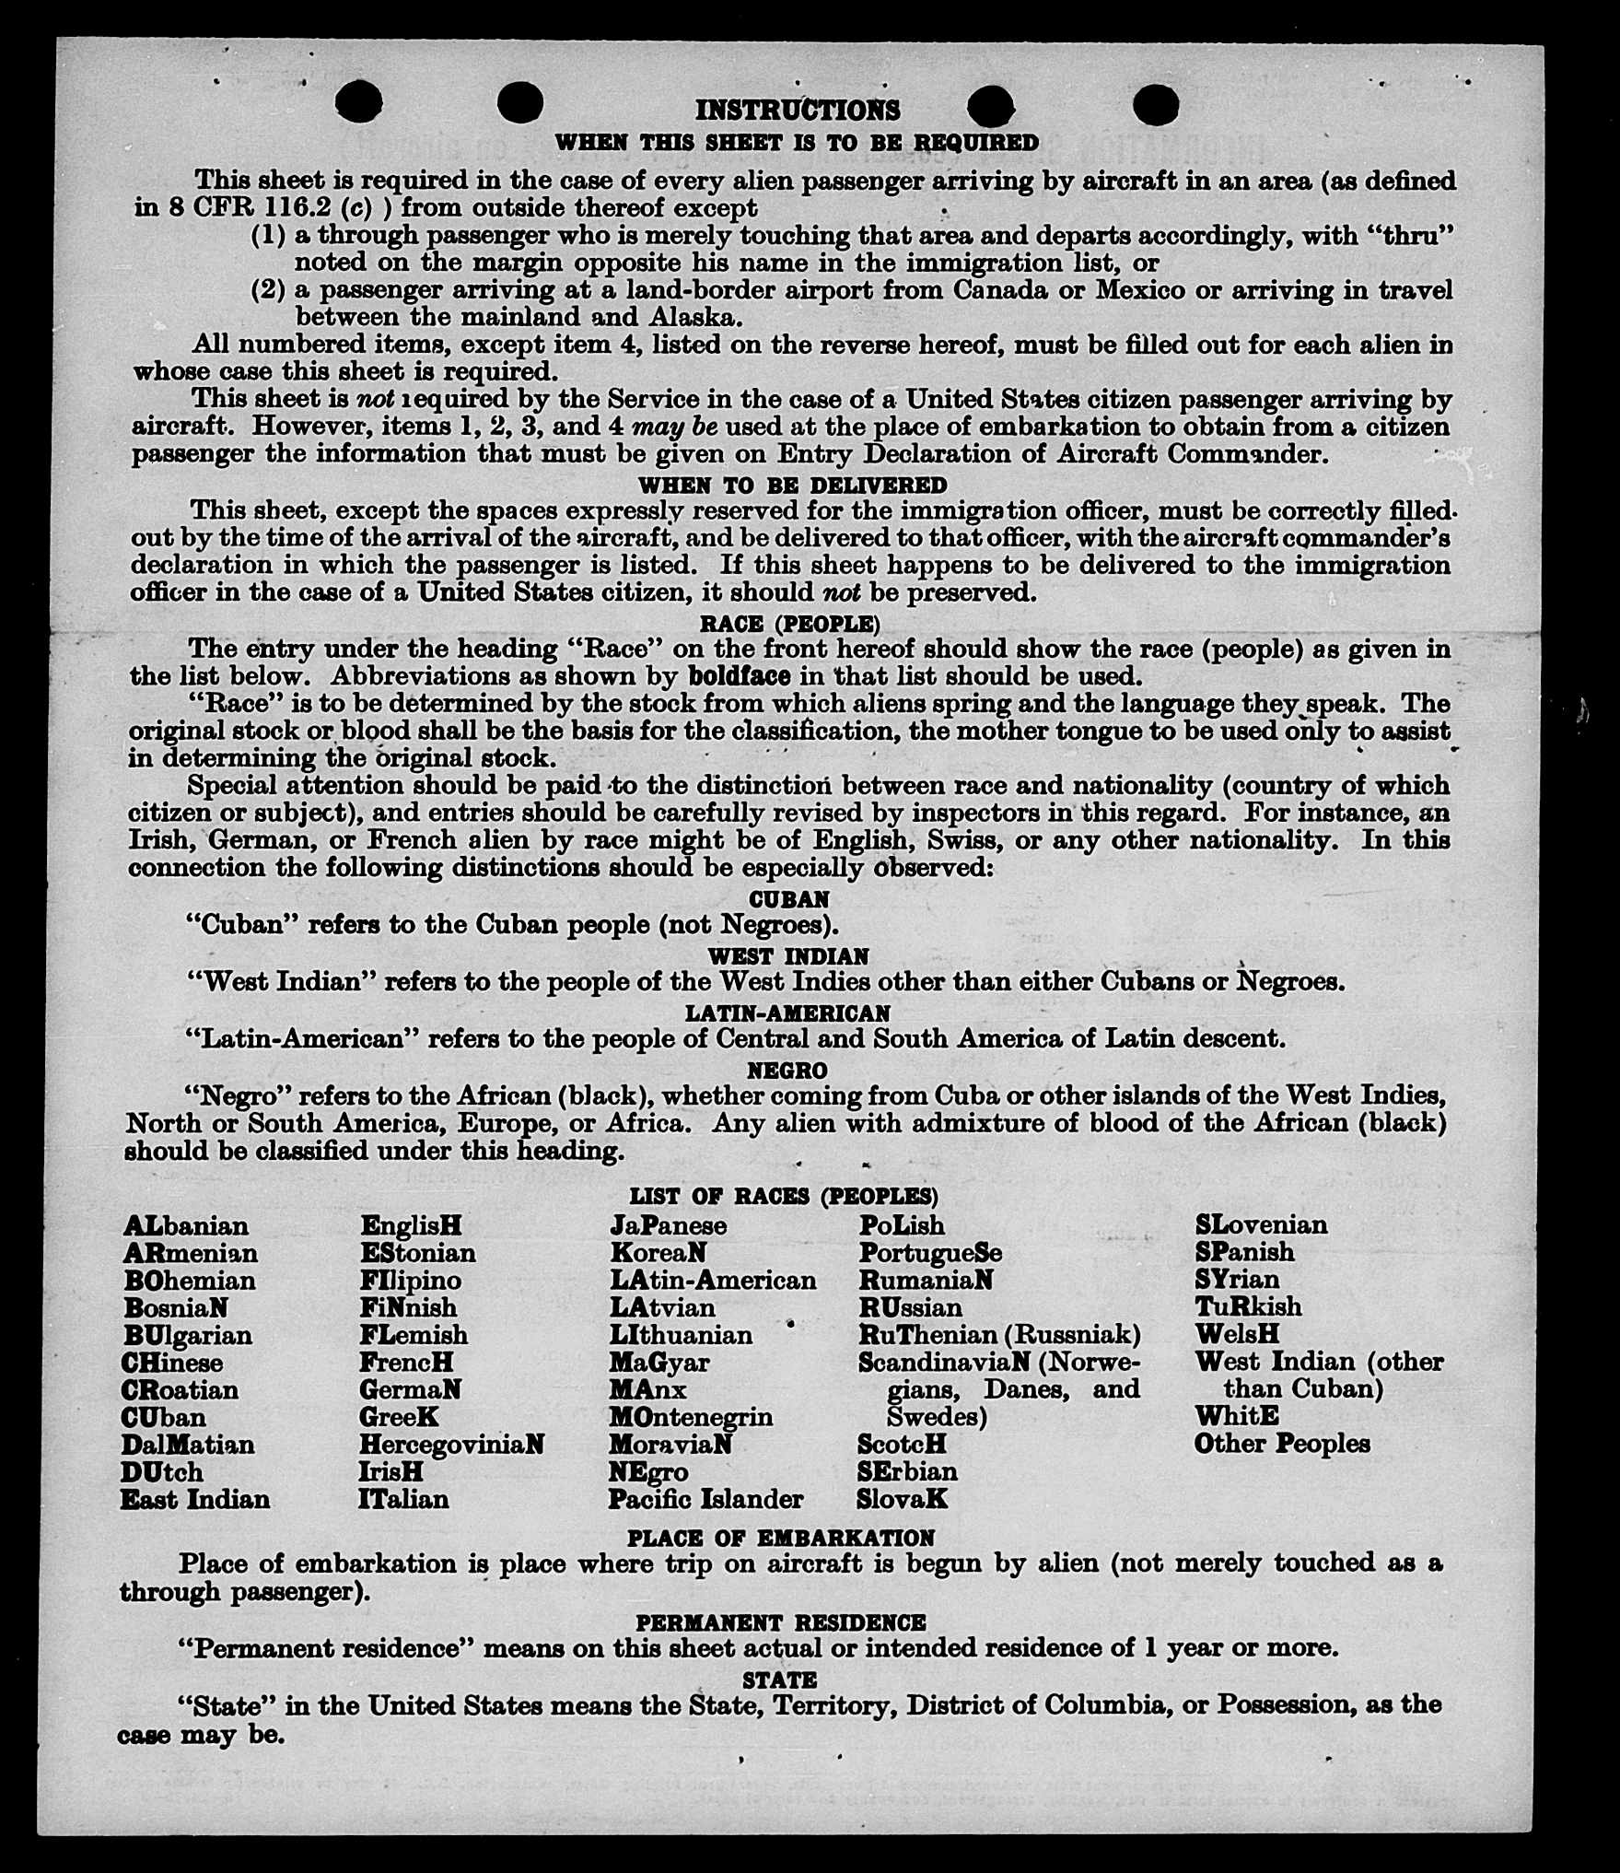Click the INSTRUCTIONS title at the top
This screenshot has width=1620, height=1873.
tap(797, 111)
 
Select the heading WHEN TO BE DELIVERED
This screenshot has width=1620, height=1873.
tap(792, 485)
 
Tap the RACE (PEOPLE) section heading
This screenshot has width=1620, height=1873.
tap(790, 624)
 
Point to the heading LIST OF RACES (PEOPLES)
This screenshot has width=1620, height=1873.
tap(784, 1196)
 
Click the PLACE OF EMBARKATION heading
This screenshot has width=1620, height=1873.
tap(781, 1538)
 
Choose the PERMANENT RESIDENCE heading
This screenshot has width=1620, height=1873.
tap(780, 1622)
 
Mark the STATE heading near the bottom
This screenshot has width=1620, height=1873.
tap(779, 1680)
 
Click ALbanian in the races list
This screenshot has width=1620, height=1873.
tap(186, 1226)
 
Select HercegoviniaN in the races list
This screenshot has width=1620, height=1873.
tap(451, 1444)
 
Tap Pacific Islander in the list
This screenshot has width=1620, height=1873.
tap(705, 1499)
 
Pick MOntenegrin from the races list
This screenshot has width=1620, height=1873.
tap(691, 1416)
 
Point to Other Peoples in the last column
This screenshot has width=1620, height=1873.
tap(1282, 1444)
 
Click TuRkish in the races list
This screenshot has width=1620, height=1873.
tap(1248, 1306)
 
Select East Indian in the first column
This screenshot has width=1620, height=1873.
tap(195, 1499)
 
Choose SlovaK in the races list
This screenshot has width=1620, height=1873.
tap(902, 1499)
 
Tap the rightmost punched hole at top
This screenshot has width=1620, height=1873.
tap(1155, 104)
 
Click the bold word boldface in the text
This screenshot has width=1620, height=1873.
tap(739, 675)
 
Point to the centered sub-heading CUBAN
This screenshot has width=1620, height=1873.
tap(789, 898)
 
